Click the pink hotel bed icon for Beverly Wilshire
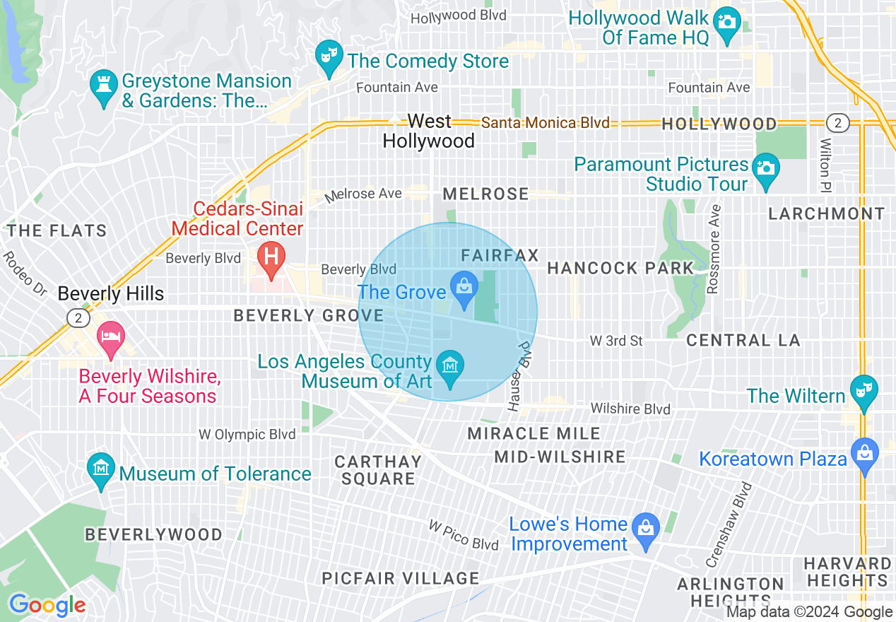click(x=111, y=335)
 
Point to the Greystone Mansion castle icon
click(x=104, y=89)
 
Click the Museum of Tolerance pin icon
click(x=101, y=470)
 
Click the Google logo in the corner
click(x=47, y=605)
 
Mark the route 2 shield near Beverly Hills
click(x=78, y=318)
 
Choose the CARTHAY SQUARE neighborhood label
click(x=378, y=470)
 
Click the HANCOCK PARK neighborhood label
click(x=621, y=268)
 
